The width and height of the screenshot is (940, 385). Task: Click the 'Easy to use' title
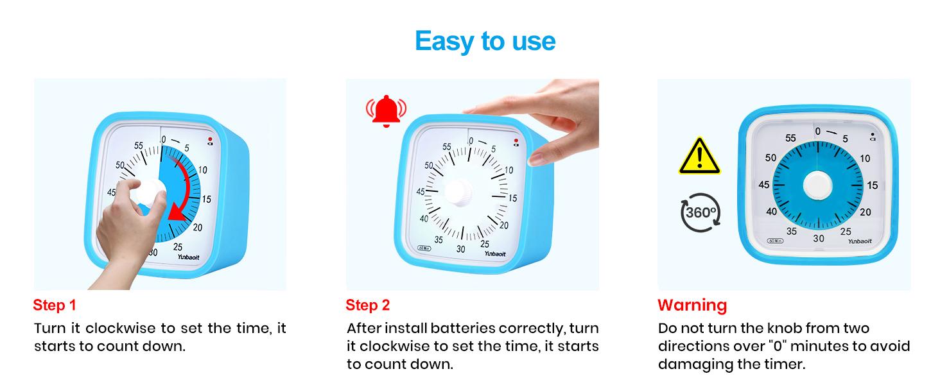coord(485,41)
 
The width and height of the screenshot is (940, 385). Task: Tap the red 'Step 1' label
coord(54,305)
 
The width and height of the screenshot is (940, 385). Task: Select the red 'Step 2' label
coord(367,305)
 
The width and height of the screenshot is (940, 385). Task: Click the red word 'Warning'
coord(692,305)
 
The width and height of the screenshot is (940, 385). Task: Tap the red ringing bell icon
coord(387,110)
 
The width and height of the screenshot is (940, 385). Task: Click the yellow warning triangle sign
coord(699,157)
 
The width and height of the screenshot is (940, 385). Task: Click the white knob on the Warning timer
coord(817,185)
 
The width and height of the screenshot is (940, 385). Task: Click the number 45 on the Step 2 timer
coord(421,192)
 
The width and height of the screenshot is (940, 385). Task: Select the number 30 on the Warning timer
coord(818,238)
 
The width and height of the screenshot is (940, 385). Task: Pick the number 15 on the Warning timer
coord(872,185)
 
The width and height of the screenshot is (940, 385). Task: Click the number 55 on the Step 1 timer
coord(139,146)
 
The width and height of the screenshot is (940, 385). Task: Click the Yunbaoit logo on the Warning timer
coord(860,241)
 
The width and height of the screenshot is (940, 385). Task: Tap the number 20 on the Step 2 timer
coord(504,225)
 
